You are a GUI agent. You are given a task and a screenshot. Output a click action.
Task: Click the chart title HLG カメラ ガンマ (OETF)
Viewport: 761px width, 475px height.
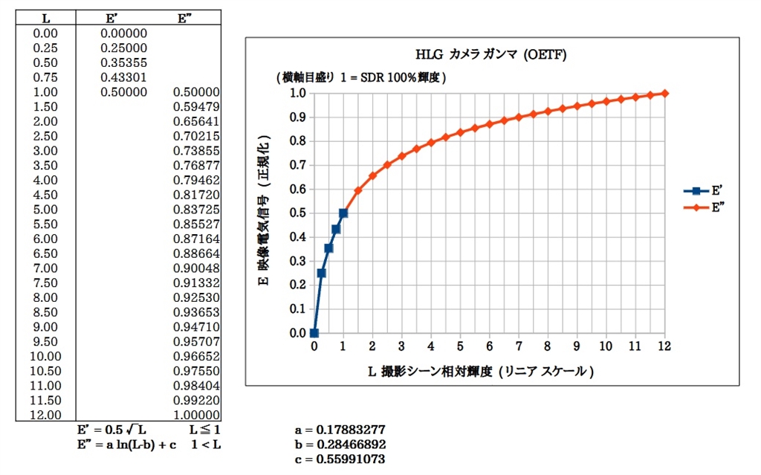point(493,54)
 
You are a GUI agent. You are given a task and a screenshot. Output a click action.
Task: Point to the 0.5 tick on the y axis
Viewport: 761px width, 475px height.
point(297,213)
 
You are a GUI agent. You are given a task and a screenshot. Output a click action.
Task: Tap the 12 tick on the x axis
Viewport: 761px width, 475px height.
point(664,346)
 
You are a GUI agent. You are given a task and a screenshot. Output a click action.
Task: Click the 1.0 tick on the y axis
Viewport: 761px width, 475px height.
point(297,93)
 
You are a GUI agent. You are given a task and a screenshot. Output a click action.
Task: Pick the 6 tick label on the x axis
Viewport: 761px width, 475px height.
point(489,346)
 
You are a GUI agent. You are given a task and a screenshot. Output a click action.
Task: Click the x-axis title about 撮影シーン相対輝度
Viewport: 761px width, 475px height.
point(481,370)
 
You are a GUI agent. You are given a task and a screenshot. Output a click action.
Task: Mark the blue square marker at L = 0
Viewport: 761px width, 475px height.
point(314,333)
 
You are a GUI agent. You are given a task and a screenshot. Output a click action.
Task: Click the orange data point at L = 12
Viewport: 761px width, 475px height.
point(664,93)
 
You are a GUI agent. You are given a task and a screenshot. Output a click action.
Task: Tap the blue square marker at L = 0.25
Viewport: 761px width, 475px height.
point(322,273)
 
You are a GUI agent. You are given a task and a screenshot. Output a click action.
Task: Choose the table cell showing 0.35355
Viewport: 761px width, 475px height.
point(123,62)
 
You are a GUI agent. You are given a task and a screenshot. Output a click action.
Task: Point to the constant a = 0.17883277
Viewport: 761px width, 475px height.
point(340,430)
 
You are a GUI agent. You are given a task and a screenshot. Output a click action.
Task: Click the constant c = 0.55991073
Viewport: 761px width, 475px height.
point(340,459)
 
